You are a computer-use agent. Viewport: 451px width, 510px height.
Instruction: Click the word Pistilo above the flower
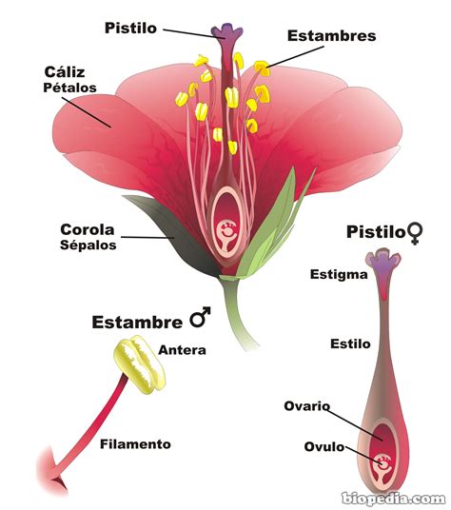pyautogui.click(x=131, y=28)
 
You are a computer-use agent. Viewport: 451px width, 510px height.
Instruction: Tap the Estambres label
pyautogui.click(x=331, y=36)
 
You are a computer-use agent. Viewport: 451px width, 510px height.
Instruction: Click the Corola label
pyautogui.click(x=88, y=229)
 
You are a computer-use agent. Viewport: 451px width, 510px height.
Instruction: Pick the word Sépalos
pyautogui.click(x=88, y=245)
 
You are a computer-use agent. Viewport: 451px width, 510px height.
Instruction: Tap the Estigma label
pyautogui.click(x=340, y=275)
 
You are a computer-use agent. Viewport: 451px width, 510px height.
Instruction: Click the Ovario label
pyautogui.click(x=306, y=406)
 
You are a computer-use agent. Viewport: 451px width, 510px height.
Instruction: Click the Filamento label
pyautogui.click(x=135, y=443)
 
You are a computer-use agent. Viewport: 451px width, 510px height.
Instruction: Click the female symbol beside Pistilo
pyautogui.click(x=414, y=231)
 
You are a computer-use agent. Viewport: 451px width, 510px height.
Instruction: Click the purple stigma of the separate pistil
pyautogui.click(x=384, y=267)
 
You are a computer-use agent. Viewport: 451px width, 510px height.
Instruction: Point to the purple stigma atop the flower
pyautogui.click(x=228, y=34)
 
